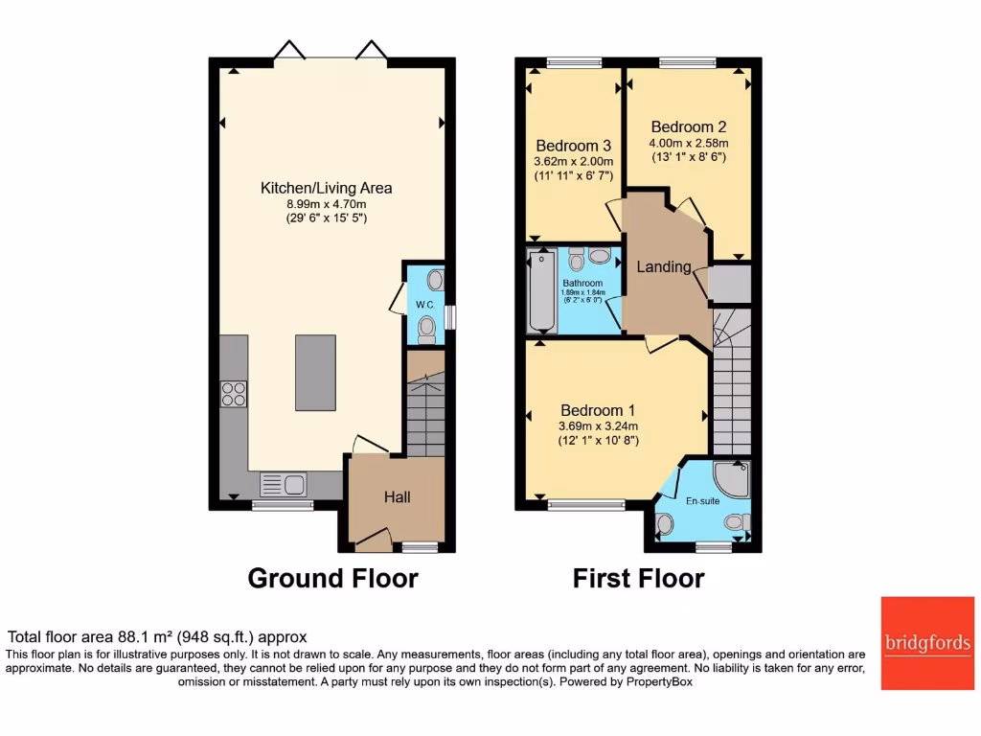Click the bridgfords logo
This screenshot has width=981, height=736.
927,643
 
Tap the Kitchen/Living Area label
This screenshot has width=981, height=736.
327,188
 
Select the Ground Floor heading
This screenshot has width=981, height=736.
332,579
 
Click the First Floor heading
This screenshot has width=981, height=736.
638,579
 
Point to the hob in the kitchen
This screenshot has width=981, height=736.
235,393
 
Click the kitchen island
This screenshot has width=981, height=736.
315,373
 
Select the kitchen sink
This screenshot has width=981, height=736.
283,484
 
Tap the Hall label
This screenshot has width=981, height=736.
398,497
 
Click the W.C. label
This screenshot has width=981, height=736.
424,306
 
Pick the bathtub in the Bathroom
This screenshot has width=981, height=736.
541,291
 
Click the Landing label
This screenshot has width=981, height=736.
664,267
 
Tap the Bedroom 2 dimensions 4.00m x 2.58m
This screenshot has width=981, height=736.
689,142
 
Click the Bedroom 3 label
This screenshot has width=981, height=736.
573,146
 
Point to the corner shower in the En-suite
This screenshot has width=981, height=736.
735,478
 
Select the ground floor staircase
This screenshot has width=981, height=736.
425,402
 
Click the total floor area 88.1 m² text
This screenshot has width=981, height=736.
158,636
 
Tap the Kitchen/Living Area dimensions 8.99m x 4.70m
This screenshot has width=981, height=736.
327,203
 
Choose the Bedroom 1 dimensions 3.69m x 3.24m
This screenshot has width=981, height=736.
599,425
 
